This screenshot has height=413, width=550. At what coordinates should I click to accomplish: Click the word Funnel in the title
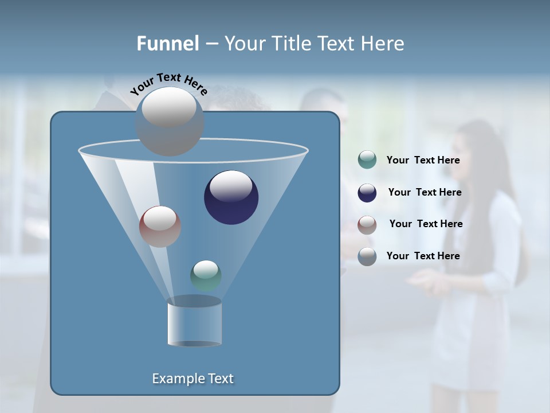pyautogui.click(x=167, y=44)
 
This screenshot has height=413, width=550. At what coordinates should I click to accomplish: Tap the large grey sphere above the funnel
pyautogui.click(x=170, y=121)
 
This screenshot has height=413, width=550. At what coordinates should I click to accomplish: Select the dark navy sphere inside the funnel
pyautogui.click(x=231, y=197)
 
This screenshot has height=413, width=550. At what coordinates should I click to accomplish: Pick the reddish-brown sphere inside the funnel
pyautogui.click(x=160, y=227)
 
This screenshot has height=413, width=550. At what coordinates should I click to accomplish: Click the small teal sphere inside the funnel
pyautogui.click(x=206, y=275)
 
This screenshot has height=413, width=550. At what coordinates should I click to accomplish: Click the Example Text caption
pyautogui.click(x=192, y=379)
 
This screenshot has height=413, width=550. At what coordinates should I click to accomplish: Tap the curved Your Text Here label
pyautogui.click(x=168, y=83)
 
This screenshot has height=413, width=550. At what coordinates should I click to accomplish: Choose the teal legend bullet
pyautogui.click(x=367, y=160)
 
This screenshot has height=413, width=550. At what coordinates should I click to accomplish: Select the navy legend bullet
pyautogui.click(x=367, y=193)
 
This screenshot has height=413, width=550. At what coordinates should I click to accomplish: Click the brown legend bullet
pyautogui.click(x=367, y=225)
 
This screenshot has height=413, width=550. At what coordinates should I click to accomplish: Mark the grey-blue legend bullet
pyautogui.click(x=367, y=256)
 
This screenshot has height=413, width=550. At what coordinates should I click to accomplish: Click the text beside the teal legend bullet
pyautogui.click(x=423, y=161)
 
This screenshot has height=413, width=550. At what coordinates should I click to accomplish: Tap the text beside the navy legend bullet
pyautogui.click(x=425, y=193)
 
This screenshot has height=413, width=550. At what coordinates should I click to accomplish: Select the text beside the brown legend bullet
pyautogui.click(x=426, y=224)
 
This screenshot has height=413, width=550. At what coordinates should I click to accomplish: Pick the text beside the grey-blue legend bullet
pyautogui.click(x=423, y=256)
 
